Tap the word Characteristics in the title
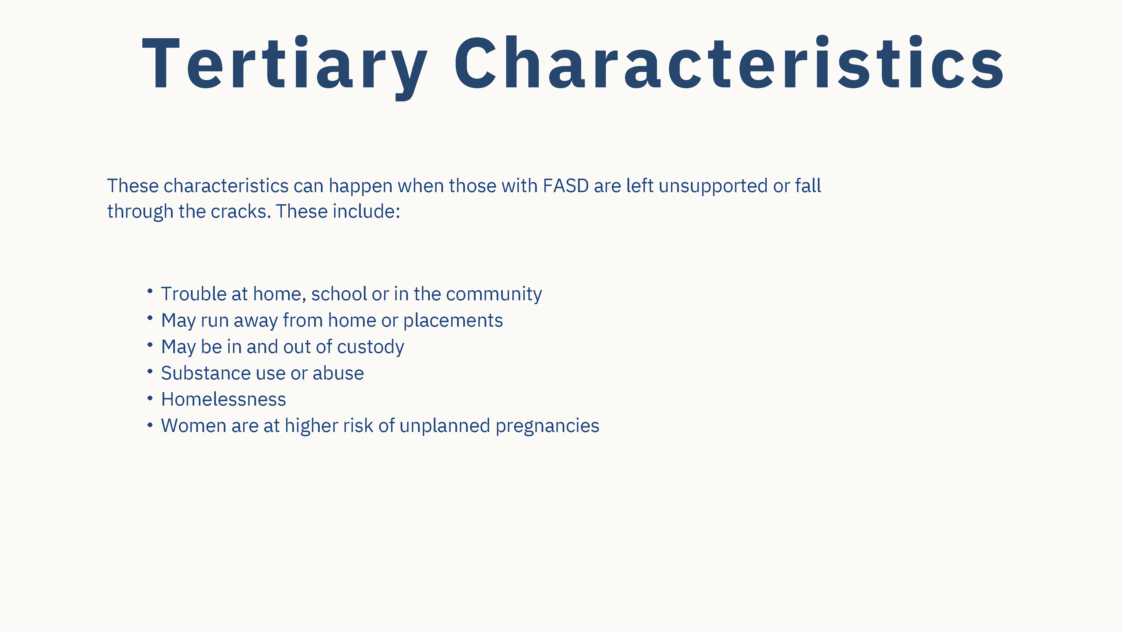[x=729, y=63]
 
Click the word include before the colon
[x=364, y=212]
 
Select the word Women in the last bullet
[x=193, y=426]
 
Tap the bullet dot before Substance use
[x=150, y=372]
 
